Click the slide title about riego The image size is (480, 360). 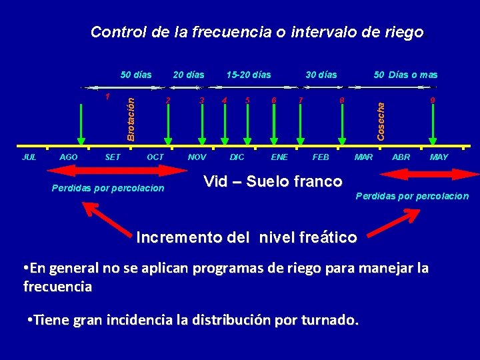(x=257, y=32)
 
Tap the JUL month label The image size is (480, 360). (x=29, y=157)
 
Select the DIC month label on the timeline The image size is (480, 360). (x=237, y=157)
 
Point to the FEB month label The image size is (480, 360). (x=321, y=157)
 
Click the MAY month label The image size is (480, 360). (x=439, y=157)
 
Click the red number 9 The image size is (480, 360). (x=433, y=101)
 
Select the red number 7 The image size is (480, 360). (x=301, y=100)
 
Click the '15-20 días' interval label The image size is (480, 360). (x=249, y=75)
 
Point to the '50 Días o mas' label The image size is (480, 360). (x=405, y=75)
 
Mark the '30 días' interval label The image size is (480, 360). (x=321, y=75)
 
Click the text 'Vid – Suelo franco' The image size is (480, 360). (x=273, y=181)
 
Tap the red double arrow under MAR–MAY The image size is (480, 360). (x=413, y=174)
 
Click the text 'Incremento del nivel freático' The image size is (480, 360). (x=246, y=237)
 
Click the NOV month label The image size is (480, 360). (x=197, y=157)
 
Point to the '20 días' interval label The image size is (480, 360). (x=189, y=75)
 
